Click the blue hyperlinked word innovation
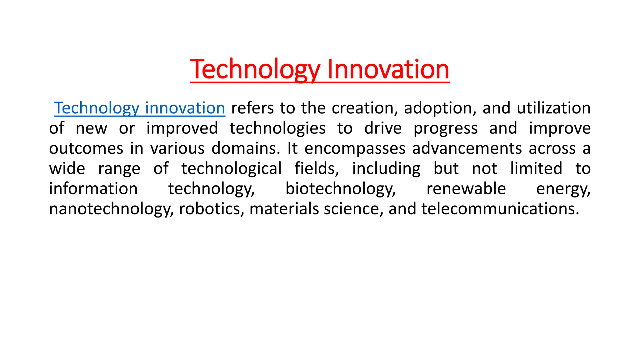(x=185, y=108)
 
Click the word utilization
(x=553, y=108)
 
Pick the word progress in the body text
(x=446, y=128)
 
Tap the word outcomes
(x=86, y=148)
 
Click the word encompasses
(x=355, y=148)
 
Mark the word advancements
(x=467, y=148)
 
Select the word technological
(x=232, y=169)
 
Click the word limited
(x=536, y=169)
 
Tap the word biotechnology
(x=341, y=189)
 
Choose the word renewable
(x=466, y=189)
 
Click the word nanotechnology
(x=111, y=209)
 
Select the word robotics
(x=212, y=209)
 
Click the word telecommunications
(x=500, y=209)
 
